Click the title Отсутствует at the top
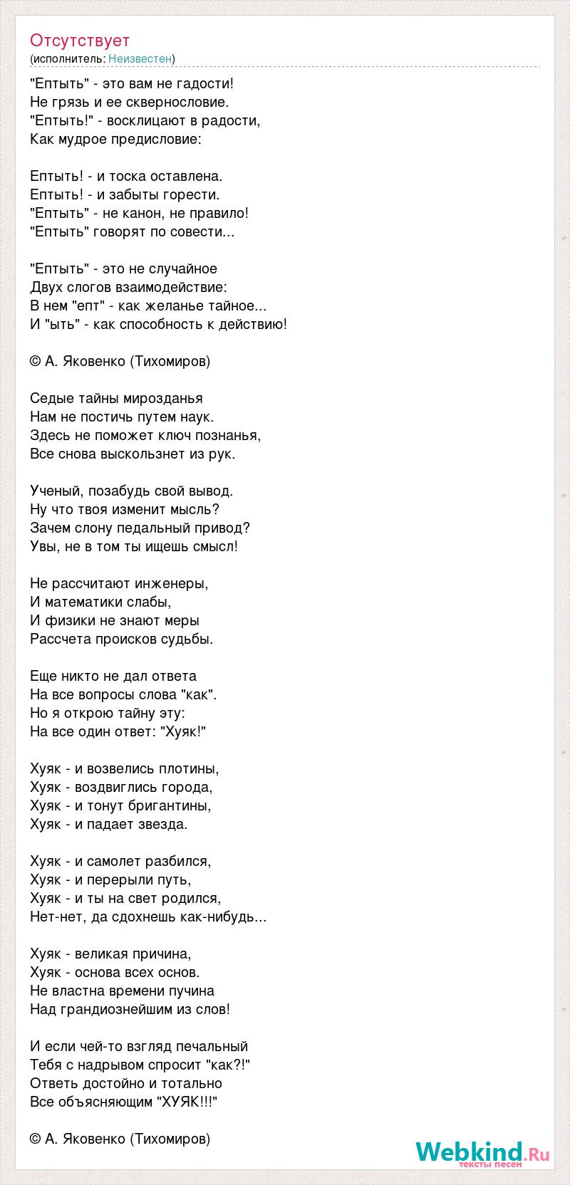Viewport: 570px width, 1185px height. pyautogui.click(x=80, y=41)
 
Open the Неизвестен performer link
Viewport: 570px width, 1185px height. pyautogui.click(x=140, y=58)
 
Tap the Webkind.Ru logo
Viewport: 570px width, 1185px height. pyautogui.click(x=482, y=1152)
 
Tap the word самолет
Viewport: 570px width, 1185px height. pyautogui.click(x=115, y=861)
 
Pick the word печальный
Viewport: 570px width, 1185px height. pyautogui.click(x=214, y=1046)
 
